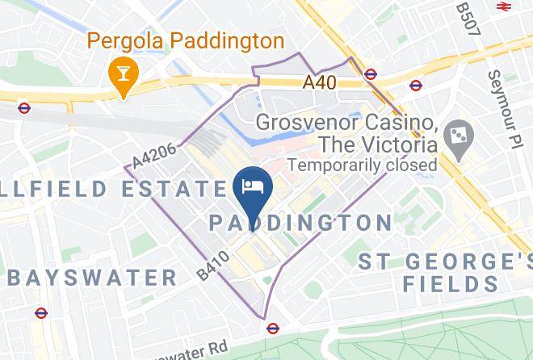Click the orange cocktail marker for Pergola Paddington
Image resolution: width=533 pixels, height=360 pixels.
click(124, 74)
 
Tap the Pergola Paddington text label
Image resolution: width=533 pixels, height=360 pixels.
click(185, 40)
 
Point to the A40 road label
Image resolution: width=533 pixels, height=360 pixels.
click(320, 82)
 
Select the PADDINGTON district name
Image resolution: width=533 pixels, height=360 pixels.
click(300, 223)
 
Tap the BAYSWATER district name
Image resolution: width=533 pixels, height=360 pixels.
click(91, 278)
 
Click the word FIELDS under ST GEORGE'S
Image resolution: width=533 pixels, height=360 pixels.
click(451, 283)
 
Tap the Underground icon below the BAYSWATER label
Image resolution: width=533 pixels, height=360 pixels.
click(41, 312)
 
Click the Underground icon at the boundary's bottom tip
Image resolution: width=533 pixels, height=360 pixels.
click(273, 328)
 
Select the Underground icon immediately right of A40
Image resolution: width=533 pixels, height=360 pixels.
click(370, 74)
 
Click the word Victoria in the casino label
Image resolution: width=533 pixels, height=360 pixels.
click(388, 144)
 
